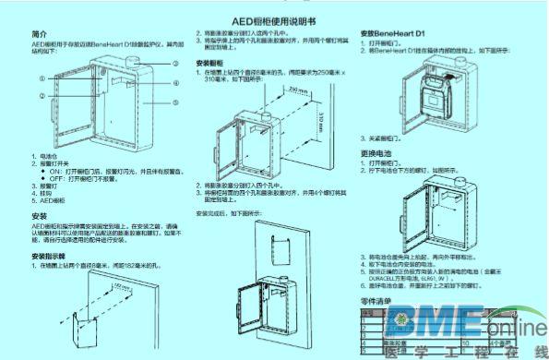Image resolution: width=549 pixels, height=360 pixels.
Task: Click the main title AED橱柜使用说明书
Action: click(x=274, y=18)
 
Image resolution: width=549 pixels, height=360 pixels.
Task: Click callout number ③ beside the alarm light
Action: click(x=174, y=62)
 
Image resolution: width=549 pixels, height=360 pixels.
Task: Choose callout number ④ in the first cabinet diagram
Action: click(x=174, y=82)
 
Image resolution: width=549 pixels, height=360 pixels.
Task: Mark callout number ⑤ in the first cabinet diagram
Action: click(x=174, y=102)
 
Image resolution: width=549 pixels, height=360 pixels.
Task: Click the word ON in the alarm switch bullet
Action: click(x=54, y=172)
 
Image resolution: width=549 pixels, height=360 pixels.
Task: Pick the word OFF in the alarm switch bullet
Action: click(x=54, y=179)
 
